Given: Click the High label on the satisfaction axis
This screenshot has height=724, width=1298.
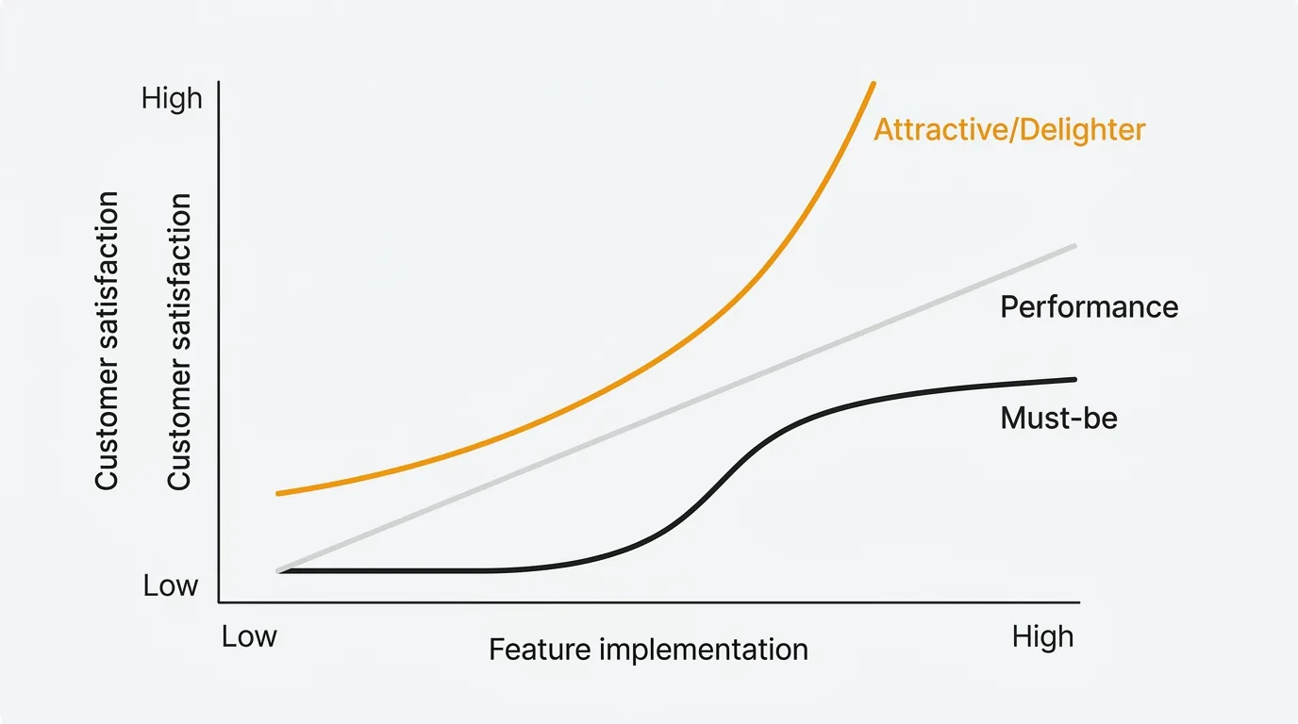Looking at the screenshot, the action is [x=172, y=98].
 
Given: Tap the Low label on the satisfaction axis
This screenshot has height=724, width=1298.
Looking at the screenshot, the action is [x=171, y=585].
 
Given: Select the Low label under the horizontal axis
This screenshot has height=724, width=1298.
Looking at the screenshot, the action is [x=249, y=636].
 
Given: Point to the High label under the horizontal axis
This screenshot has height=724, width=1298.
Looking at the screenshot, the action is [x=1042, y=637].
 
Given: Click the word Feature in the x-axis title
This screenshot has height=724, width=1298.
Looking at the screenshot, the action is [x=540, y=650].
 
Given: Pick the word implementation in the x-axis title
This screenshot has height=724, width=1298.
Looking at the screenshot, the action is [x=704, y=650].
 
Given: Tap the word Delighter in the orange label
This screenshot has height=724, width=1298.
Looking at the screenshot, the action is [x=1082, y=130].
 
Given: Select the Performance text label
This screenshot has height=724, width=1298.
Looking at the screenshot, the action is [x=1090, y=307].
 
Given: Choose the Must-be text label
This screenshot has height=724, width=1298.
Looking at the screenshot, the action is [x=1058, y=419].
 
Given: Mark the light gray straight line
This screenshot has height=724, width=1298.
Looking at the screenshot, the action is [x=676, y=409].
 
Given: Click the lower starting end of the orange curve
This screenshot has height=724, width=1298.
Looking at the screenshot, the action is [x=278, y=493].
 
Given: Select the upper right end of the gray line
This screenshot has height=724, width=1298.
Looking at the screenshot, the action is [x=1075, y=246].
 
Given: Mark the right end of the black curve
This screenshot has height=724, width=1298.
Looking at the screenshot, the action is [x=1075, y=380].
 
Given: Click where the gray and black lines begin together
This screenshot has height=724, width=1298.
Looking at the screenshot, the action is [x=279, y=571].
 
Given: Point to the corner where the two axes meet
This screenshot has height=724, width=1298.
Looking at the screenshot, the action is [x=219, y=602].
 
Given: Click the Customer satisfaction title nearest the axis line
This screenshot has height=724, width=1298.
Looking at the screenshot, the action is [x=179, y=341].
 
